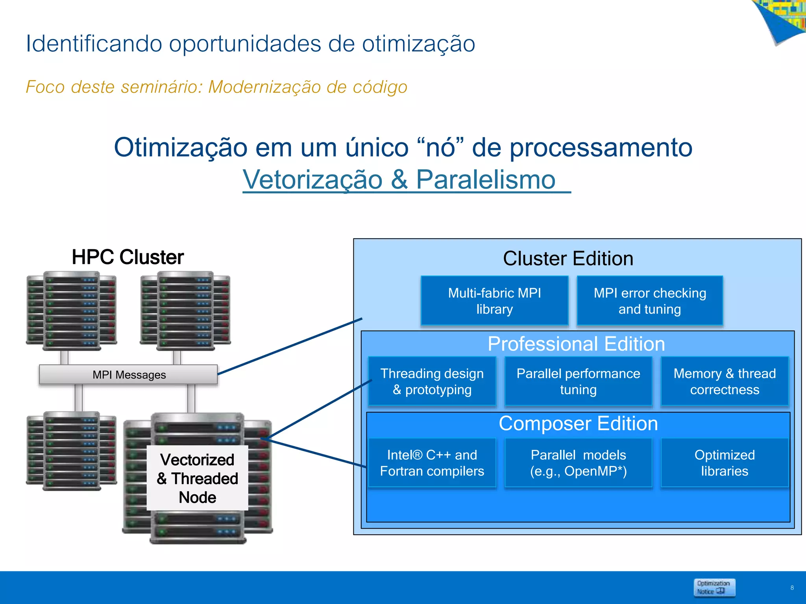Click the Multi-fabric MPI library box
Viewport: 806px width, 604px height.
click(494, 301)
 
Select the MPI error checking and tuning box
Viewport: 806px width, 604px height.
click(650, 301)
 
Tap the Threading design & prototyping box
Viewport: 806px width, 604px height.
click(432, 381)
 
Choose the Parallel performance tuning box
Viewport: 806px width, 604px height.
click(578, 381)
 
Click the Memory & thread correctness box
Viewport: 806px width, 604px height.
click(725, 381)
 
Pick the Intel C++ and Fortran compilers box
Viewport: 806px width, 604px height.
click(432, 463)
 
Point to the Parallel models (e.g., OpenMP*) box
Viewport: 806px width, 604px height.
click(578, 463)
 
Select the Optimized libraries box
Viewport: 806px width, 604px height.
click(725, 463)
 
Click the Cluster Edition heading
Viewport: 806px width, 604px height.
click(568, 259)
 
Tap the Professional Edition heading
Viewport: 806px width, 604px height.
click(576, 344)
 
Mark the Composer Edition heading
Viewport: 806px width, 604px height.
click(578, 424)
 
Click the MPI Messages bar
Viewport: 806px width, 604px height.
click(129, 375)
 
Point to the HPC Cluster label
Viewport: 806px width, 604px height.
click(128, 257)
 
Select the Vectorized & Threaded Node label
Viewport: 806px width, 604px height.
click(197, 478)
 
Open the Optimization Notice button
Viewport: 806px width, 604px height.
click(714, 587)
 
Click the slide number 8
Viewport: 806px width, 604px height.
click(792, 588)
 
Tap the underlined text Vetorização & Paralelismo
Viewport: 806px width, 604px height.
click(399, 180)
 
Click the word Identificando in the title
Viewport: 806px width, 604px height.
click(94, 43)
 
